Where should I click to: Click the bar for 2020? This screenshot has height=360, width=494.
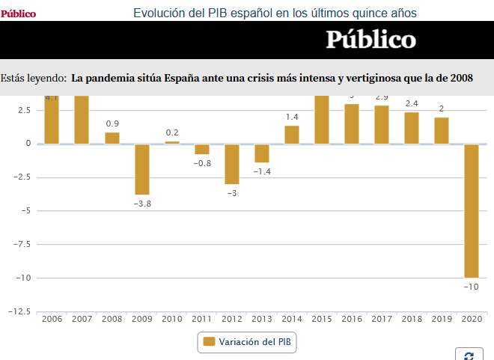coord(472,210)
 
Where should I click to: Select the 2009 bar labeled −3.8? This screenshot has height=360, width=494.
coord(142,169)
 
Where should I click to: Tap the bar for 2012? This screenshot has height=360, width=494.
coord(232,163)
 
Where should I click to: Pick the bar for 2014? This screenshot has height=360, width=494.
coord(292,135)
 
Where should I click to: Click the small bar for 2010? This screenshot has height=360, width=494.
coord(172,142)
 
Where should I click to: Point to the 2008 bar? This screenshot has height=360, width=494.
coord(112,138)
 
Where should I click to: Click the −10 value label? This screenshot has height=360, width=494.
coord(472,287)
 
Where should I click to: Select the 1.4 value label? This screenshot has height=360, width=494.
coord(292,118)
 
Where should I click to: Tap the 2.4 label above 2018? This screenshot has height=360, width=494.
coord(412,104)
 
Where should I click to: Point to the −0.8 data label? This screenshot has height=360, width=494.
coord(202,163)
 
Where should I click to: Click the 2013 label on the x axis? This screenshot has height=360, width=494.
coord(262,319)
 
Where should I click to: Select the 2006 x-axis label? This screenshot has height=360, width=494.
coord(52,319)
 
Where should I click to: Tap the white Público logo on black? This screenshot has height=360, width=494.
coord(370,40)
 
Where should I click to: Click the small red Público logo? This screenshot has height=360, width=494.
coord(18,13)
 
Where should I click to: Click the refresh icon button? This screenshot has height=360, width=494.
coord(469,356)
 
